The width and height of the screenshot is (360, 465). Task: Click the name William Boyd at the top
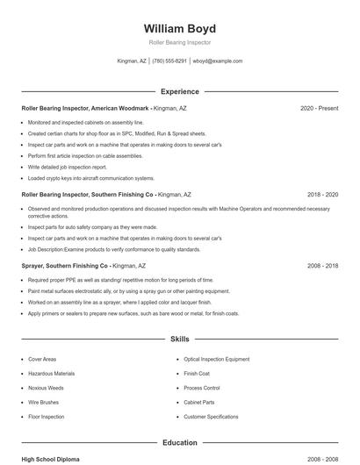(179, 28)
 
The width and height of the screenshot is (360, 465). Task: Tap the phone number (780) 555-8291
(169, 61)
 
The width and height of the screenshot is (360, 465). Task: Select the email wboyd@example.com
(218, 61)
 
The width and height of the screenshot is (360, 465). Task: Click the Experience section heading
(179, 91)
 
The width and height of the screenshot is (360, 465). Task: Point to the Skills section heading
(179, 338)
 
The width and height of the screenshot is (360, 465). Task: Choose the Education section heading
(179, 442)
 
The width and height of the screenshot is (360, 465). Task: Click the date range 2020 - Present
(319, 108)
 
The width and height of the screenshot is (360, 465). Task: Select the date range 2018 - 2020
(322, 194)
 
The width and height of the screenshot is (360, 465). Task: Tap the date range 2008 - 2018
(322, 265)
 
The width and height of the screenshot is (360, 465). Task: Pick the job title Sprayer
(32, 265)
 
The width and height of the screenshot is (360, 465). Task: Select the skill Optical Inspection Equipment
(216, 359)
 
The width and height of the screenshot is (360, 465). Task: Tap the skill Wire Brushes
(44, 402)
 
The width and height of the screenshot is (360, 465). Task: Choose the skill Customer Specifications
(211, 417)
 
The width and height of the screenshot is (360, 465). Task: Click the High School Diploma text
(52, 459)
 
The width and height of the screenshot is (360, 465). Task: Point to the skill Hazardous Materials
(51, 373)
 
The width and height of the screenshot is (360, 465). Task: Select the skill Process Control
(201, 388)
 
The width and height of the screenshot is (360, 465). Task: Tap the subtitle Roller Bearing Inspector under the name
(179, 42)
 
